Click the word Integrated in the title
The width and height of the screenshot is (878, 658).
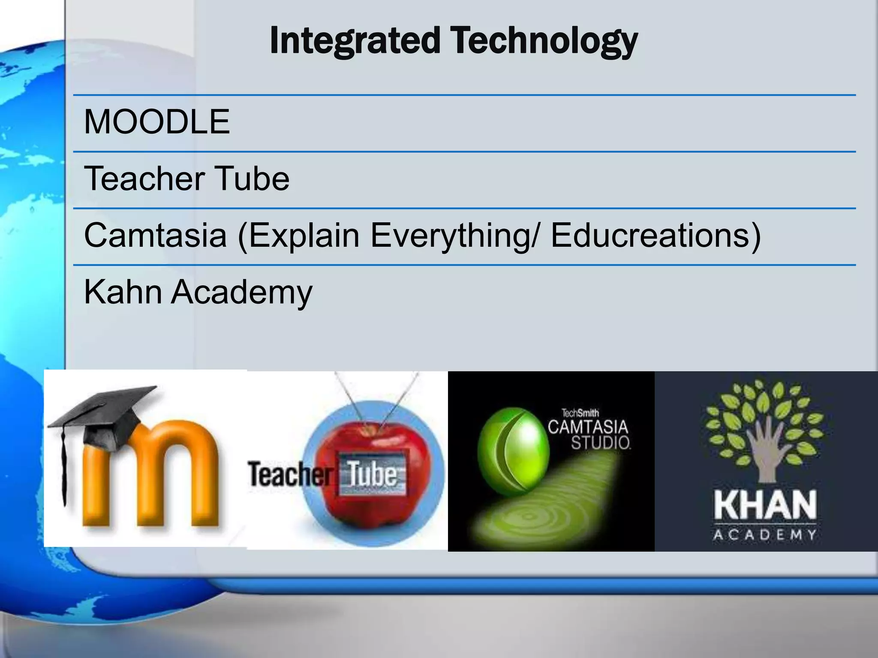355,41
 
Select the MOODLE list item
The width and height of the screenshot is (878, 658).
157,122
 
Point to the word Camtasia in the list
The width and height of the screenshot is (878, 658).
155,235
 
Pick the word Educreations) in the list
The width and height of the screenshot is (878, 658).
655,235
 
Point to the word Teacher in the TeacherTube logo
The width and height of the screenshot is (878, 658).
290,475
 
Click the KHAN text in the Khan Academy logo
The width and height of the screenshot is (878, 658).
765,505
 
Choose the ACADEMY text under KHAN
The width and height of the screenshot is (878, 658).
765,535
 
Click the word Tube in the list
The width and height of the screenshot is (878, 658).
252,179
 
